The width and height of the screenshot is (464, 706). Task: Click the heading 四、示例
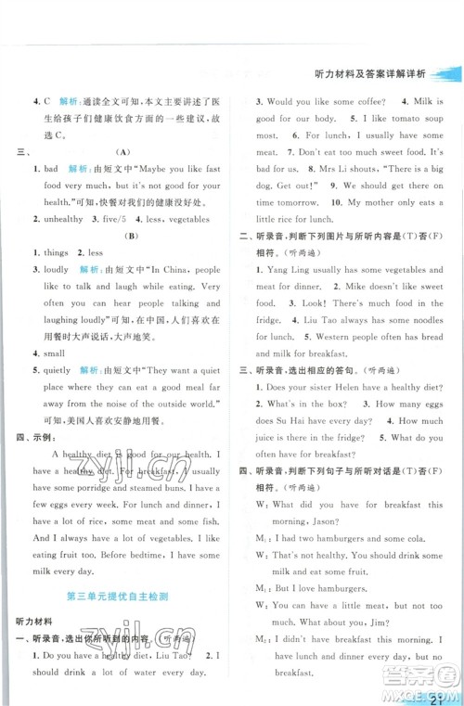[31, 436]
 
